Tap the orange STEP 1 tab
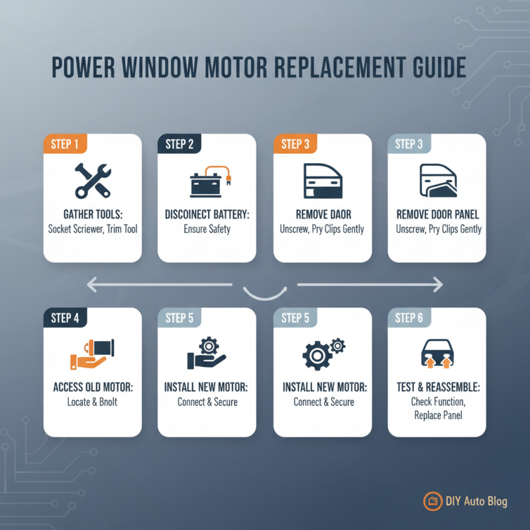pyautogui.click(x=64, y=144)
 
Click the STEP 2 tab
pyautogui.click(x=179, y=144)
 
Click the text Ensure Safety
pyautogui.click(x=207, y=229)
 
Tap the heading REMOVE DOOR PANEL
pyautogui.click(x=438, y=215)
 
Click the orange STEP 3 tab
pyautogui.click(x=295, y=144)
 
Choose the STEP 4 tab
pyautogui.click(x=64, y=318)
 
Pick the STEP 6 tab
pyautogui.click(x=409, y=318)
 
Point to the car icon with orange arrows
pyautogui.click(x=437, y=354)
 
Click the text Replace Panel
pyautogui.click(x=438, y=415)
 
